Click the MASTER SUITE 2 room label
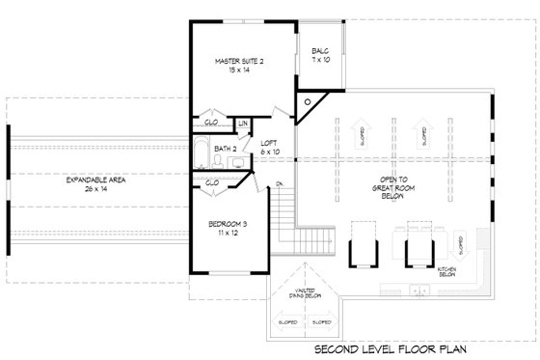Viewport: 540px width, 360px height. coord(238,61)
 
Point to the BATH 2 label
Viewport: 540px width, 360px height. coord(226,149)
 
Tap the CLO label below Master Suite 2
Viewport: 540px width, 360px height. coord(212,123)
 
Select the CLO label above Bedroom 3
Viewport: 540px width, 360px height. coord(212,181)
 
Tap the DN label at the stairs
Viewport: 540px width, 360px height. coord(279,183)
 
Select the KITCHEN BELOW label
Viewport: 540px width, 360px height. coord(446,273)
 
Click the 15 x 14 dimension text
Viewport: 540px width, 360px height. coord(238,69)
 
